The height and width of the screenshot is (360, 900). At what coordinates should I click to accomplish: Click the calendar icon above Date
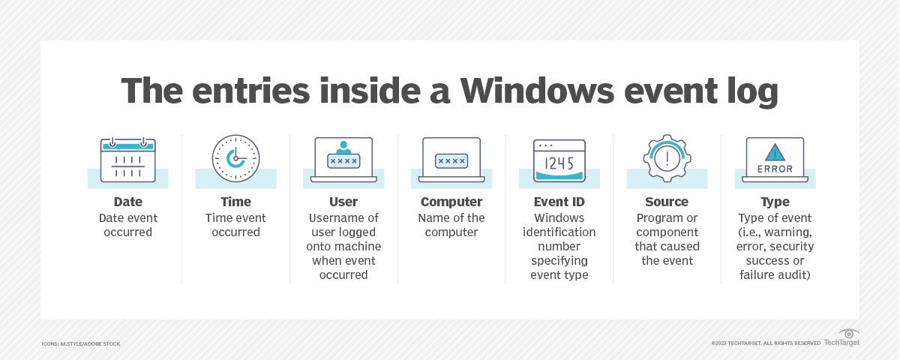click(127, 160)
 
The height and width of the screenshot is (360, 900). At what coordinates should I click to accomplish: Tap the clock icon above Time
click(235, 159)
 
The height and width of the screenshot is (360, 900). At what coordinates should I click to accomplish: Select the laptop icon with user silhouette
click(343, 159)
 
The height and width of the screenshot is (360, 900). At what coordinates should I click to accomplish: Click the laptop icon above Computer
click(451, 159)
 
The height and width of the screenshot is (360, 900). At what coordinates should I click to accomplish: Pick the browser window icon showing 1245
click(559, 160)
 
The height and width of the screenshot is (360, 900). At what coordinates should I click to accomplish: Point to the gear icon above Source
click(667, 159)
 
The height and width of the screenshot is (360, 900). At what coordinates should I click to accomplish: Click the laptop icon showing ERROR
click(775, 159)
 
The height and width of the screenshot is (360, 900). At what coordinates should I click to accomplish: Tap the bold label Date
click(127, 202)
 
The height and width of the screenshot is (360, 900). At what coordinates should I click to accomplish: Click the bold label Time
click(235, 202)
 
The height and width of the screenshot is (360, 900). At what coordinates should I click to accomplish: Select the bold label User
click(343, 202)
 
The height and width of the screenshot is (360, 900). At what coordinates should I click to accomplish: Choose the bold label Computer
click(451, 202)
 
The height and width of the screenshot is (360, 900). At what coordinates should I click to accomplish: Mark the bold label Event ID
click(559, 202)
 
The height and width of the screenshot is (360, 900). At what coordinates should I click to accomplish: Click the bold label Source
click(667, 202)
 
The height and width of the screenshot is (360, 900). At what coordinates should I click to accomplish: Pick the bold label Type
click(775, 202)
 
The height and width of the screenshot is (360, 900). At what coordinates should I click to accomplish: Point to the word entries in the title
click(244, 91)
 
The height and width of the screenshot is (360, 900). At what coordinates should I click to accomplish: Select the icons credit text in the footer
click(81, 343)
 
